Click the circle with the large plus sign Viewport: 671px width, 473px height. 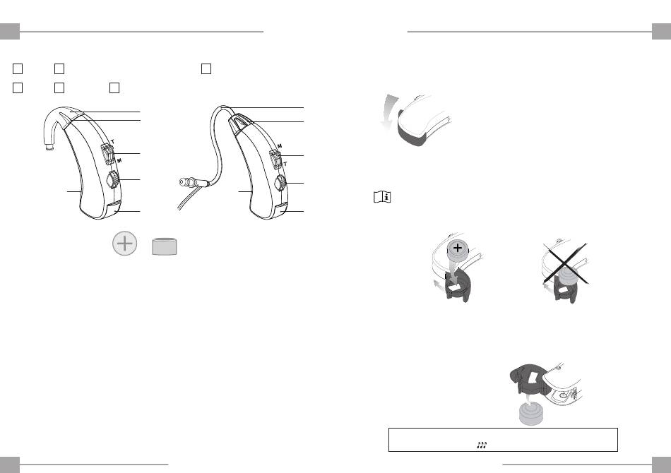[124, 244]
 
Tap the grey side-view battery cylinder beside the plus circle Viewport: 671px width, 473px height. [165, 247]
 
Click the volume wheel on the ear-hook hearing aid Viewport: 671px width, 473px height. [112, 179]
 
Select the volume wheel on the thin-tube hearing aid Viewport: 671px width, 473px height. [280, 184]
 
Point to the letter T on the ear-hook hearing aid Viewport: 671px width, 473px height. [112, 142]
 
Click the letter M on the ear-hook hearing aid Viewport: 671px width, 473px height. [119, 161]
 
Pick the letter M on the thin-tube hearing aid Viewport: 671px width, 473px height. [280, 146]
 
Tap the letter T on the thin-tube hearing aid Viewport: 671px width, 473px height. [285, 164]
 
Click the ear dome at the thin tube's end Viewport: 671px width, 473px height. [185, 183]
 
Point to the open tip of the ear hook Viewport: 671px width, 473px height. [49, 148]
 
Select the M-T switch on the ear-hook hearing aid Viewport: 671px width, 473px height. [107, 154]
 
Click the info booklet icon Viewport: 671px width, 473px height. [382, 197]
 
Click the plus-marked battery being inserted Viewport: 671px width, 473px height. [458, 251]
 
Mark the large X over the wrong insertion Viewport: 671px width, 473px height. [565, 264]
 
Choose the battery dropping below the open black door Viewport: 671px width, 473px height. [530, 414]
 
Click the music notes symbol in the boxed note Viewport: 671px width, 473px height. [482, 445]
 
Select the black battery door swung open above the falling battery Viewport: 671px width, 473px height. [529, 379]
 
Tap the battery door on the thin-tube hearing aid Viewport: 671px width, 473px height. [283, 210]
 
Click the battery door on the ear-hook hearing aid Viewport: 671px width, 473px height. [114, 209]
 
